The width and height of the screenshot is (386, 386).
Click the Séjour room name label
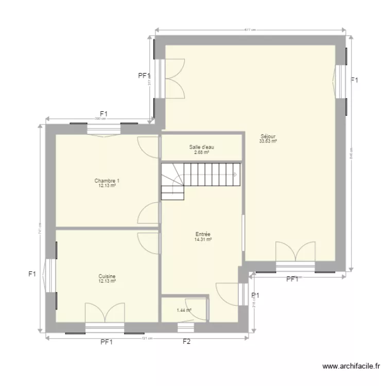point(268,136)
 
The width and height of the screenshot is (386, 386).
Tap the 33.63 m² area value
point(268,142)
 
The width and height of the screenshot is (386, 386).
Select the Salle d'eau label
point(201,147)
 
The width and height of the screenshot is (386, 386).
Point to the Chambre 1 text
point(107,181)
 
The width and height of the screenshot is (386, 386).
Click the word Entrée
point(203,234)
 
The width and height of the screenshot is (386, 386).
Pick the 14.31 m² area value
point(203,239)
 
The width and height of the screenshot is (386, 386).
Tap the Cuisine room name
point(107,276)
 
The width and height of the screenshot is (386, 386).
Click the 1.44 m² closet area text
point(184,310)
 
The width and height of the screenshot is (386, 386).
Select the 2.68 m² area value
point(201,152)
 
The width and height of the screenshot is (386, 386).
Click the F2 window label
point(186,341)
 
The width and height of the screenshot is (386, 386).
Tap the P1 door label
point(255,295)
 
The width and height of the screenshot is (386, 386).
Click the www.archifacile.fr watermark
point(352,366)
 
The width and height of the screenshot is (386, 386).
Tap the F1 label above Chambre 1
point(103,114)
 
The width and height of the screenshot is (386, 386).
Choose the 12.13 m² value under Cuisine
point(107,282)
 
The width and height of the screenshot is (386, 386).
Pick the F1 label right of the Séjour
point(354,80)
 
